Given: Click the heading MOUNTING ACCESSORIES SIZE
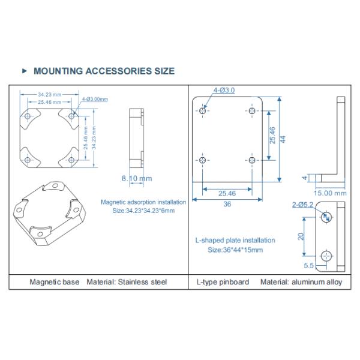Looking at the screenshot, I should click(104, 71).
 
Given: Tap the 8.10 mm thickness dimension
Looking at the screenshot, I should click(137, 178).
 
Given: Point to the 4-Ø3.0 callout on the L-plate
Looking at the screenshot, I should click(224, 91).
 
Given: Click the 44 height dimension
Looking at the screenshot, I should click(283, 139).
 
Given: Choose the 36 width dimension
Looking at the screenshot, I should click(227, 204).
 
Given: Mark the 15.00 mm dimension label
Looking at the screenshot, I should click(331, 193).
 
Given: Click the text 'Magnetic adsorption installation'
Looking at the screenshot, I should click(143, 202).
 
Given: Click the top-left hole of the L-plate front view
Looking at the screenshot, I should click(204, 111).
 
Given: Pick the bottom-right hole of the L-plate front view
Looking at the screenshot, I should click(251, 160).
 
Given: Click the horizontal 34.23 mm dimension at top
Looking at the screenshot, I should click(49, 94).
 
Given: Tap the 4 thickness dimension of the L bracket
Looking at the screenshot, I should click(305, 178).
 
